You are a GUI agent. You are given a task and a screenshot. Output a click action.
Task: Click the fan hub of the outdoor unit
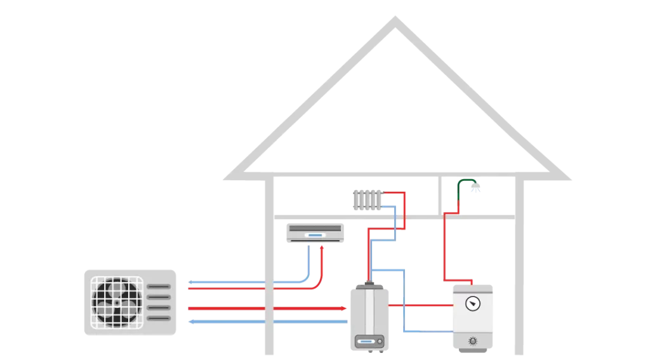coord(117,302)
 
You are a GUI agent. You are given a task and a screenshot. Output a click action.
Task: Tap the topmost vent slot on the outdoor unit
coord(159,286)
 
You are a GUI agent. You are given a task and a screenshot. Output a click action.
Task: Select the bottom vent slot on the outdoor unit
coord(159,317)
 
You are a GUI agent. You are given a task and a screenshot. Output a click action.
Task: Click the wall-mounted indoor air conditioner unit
coord(315,233)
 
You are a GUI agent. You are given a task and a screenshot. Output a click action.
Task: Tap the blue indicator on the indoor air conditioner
coord(315,236)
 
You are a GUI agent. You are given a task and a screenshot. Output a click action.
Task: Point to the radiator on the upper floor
coord(366,199)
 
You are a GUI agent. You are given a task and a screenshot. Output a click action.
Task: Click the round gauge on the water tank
coord(473,303)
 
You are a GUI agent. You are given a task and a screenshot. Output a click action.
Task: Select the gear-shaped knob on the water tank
coord(473,341)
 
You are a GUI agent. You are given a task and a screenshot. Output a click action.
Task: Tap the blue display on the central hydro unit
coord(367,342)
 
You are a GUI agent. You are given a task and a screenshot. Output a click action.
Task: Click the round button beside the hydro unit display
coord(380,342)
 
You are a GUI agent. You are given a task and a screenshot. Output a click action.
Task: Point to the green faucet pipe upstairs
coord(466,182)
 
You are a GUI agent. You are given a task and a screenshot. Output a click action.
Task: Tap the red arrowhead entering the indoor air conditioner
coord(322,248)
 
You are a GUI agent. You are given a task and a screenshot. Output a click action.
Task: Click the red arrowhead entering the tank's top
coord(471,282)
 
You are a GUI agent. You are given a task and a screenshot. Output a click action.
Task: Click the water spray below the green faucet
coord(475,189)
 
